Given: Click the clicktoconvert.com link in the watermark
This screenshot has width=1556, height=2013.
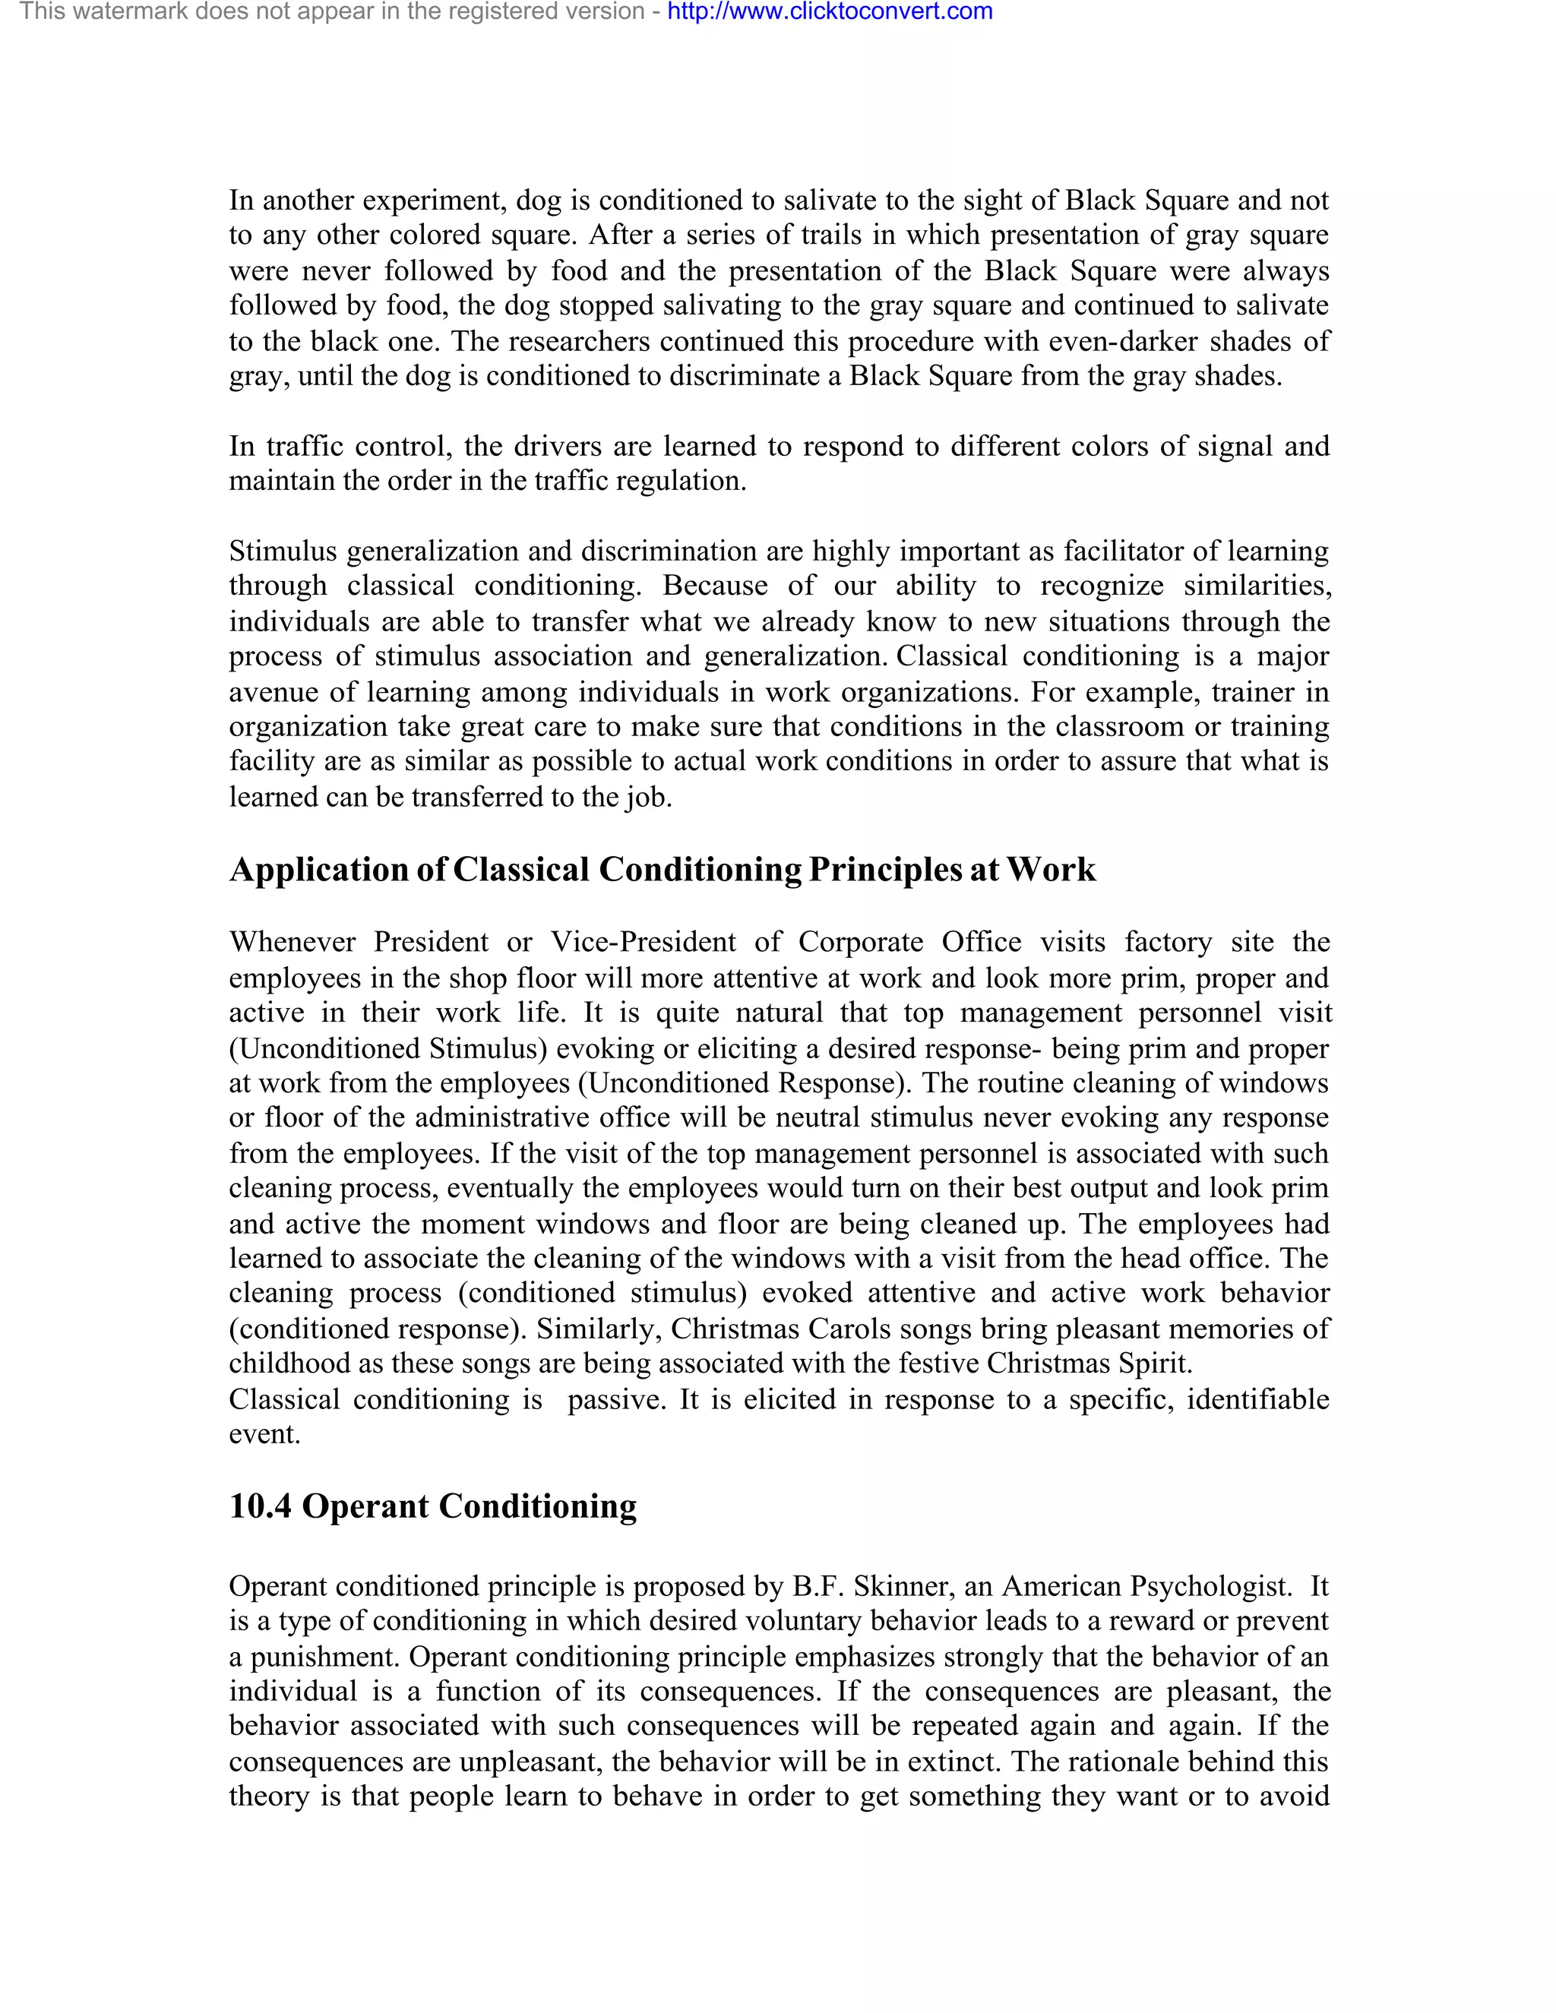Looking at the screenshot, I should [829, 12].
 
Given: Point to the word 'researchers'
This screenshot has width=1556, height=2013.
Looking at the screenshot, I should [578, 341].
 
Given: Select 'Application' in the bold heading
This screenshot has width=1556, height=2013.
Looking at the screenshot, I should [318, 869].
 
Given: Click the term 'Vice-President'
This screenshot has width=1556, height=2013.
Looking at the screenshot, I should [644, 942].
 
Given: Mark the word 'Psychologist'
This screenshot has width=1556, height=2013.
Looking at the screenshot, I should [1210, 1586].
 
